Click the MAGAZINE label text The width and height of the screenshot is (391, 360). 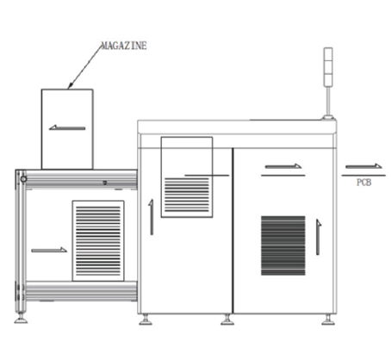pos(124,46)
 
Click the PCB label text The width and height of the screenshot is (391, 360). pos(363,183)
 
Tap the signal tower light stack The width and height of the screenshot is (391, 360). pos(328,67)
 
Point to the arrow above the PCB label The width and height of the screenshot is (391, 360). pos(363,166)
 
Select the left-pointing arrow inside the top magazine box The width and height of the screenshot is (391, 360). pos(67,127)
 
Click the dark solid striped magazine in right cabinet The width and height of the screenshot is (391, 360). pos(283,245)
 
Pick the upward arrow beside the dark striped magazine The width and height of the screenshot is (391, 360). pos(319,237)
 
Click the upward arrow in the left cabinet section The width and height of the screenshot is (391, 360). pos(151,217)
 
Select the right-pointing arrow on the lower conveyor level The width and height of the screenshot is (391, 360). pos(49,250)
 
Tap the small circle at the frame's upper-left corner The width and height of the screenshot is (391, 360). pos(23,179)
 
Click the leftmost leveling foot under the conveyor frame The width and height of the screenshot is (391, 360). pos(21,319)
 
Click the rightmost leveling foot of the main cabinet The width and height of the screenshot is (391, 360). pos(328,320)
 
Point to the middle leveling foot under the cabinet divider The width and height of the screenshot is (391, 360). pos(227,320)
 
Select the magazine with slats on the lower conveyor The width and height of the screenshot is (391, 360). pos(98,241)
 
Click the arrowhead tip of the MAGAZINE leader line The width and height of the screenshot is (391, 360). pos(68,89)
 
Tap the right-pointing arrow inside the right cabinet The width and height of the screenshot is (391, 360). pos(283,166)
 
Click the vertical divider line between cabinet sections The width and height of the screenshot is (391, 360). pos(233,231)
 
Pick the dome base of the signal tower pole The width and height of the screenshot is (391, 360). pos(328,117)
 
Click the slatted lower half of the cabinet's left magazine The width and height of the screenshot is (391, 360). pos(187,195)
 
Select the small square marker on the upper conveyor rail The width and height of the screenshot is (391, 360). pos(105,183)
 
